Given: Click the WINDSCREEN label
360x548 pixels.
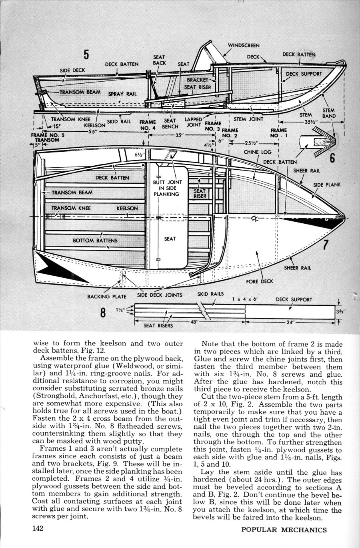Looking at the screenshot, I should click(x=244, y=46).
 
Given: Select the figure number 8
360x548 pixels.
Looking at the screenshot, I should click(x=103, y=313).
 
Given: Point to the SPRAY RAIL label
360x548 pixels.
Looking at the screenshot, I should click(x=122, y=94).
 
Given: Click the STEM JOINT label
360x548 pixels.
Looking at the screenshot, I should click(x=248, y=119).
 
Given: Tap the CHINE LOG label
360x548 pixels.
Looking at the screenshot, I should click(x=258, y=152).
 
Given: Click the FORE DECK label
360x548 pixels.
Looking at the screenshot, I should click(x=260, y=281).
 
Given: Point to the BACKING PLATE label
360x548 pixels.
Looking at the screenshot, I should click(x=107, y=297).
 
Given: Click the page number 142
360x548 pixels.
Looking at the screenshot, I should click(x=38, y=529).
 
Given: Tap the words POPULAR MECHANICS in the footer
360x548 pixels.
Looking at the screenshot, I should click(x=284, y=530).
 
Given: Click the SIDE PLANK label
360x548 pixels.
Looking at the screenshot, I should click(x=327, y=185).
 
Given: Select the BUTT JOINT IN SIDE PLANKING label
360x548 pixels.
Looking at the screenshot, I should click(x=168, y=188).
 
